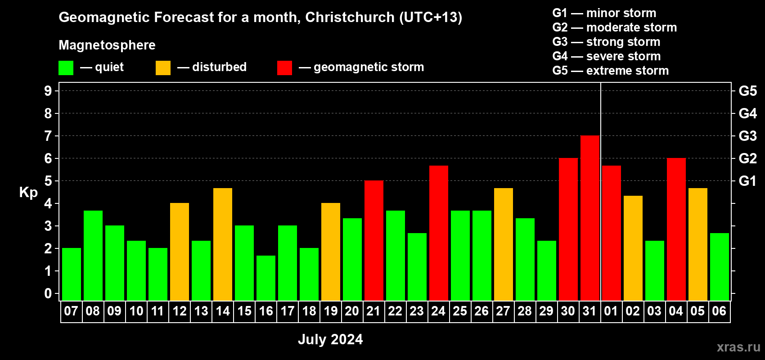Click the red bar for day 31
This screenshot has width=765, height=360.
point(590,218)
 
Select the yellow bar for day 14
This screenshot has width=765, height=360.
point(223,244)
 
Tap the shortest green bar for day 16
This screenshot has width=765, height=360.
point(266,278)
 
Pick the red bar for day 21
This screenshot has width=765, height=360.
point(374,240)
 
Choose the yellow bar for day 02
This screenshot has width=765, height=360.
point(633,248)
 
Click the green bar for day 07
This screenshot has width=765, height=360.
point(72,274)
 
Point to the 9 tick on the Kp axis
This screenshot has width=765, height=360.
point(48,91)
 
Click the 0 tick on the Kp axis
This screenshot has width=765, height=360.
point(48,293)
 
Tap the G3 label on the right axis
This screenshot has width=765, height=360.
point(748,136)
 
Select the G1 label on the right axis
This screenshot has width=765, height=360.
point(748,181)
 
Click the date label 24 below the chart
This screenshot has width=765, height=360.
point(438,311)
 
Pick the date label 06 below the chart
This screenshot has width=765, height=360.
point(719,311)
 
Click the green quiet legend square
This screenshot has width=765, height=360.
point(66,67)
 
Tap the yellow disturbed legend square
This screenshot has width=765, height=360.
point(163,67)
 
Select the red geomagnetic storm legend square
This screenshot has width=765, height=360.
point(284,67)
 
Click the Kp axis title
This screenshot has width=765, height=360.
point(28,193)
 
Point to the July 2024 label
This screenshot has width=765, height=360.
point(330,339)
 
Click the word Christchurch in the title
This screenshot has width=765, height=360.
point(350,17)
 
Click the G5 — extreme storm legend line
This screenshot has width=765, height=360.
point(610,71)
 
